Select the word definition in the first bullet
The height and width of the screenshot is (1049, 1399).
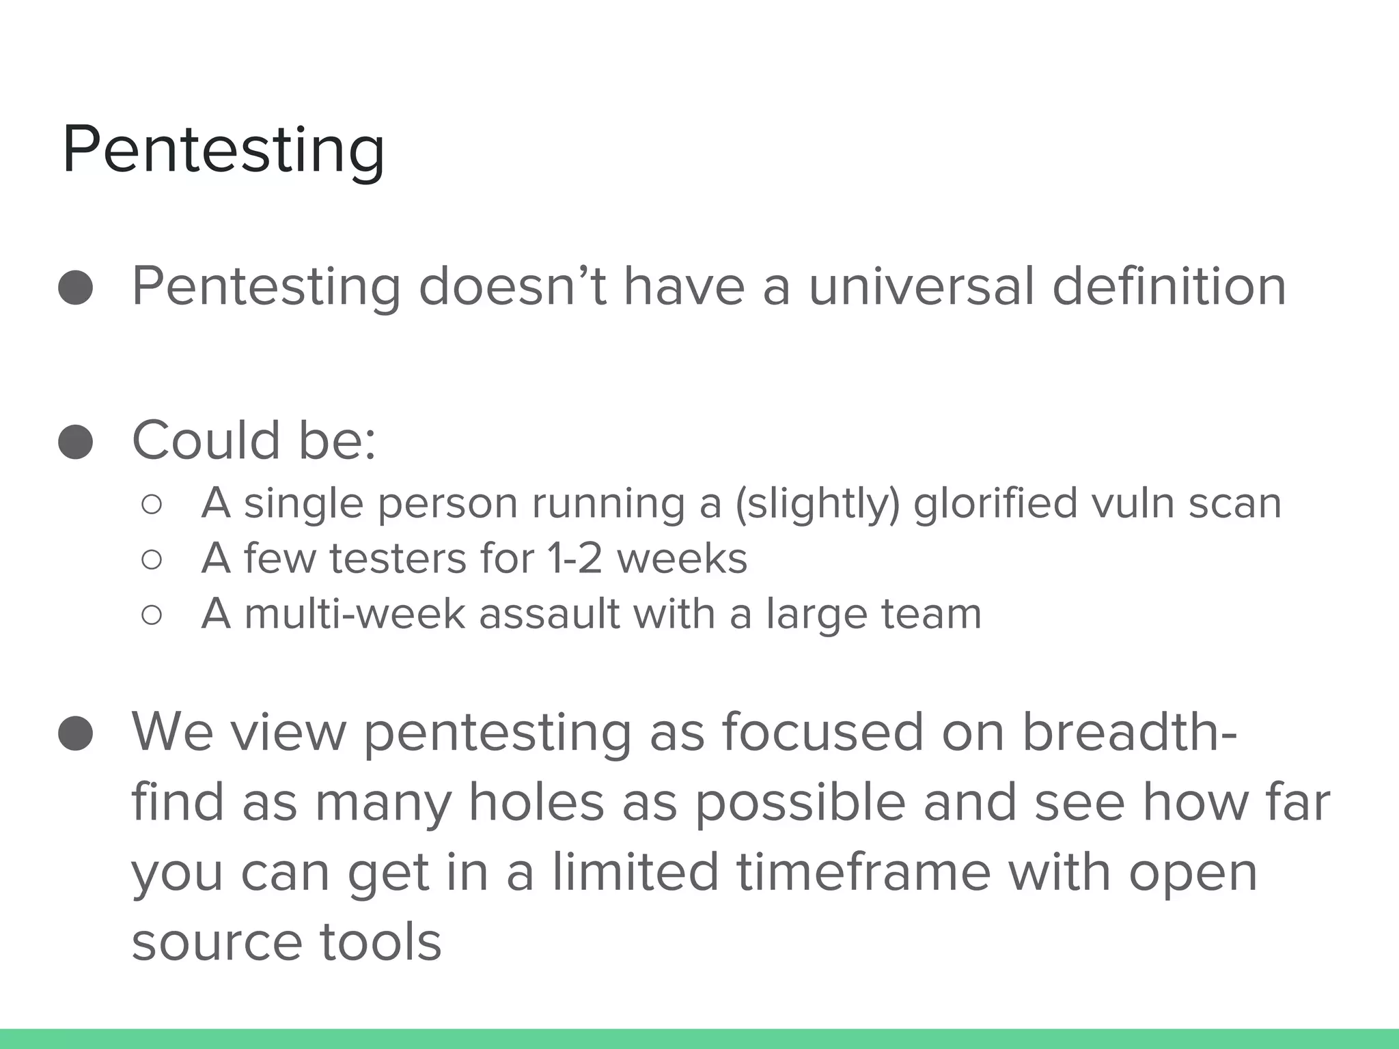point(1169,286)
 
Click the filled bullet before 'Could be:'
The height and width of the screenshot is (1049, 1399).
point(76,442)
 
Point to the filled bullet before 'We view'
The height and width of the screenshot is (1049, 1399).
point(76,733)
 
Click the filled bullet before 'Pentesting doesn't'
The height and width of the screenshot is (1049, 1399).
point(76,288)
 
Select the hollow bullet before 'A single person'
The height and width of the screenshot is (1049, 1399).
point(152,505)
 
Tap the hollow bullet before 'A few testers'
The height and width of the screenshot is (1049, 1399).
point(152,560)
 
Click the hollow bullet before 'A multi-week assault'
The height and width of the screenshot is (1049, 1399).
point(152,615)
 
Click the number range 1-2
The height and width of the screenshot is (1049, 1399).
point(574,559)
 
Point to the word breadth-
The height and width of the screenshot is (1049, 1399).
point(1129,731)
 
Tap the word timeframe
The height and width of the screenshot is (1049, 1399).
point(863,872)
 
